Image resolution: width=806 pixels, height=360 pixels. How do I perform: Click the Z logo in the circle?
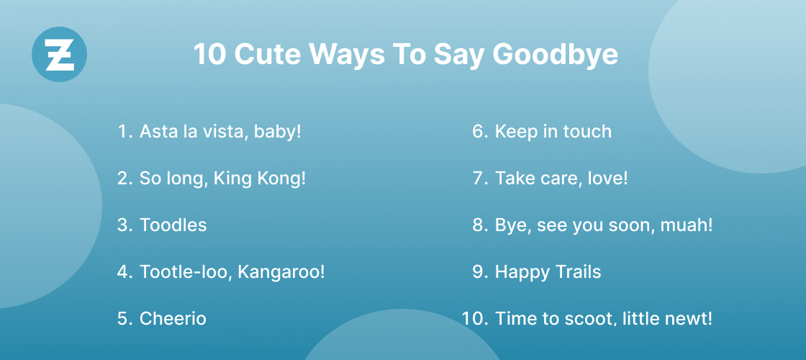[x=60, y=55]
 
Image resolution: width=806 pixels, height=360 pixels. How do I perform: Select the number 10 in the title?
[x=209, y=55]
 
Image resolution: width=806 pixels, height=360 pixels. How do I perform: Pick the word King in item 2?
[x=233, y=178]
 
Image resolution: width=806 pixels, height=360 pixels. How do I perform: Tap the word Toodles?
[x=173, y=225]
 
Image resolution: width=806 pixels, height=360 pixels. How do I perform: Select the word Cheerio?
[x=173, y=318]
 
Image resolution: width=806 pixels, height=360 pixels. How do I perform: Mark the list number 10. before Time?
[x=475, y=318]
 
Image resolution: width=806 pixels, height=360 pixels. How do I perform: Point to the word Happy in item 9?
[x=520, y=271]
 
